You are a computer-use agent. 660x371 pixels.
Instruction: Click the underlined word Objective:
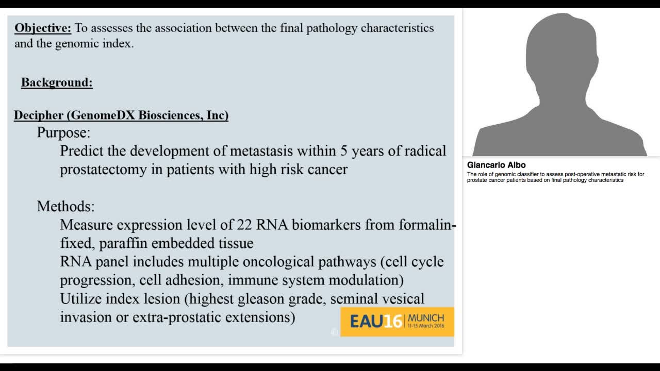(x=43, y=28)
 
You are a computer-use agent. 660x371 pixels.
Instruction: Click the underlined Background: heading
(x=57, y=82)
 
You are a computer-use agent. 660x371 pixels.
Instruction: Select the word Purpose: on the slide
(x=63, y=133)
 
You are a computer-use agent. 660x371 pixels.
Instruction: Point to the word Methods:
(x=65, y=207)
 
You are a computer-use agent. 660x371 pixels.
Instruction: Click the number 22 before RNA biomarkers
(x=244, y=225)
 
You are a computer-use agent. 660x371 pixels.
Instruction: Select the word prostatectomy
(x=103, y=170)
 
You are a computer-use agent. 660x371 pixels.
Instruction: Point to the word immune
(x=251, y=280)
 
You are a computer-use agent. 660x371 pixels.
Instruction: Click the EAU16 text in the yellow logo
(x=376, y=322)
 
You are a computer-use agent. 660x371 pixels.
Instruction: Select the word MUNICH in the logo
(x=426, y=317)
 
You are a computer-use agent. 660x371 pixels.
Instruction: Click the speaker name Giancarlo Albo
(x=496, y=165)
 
